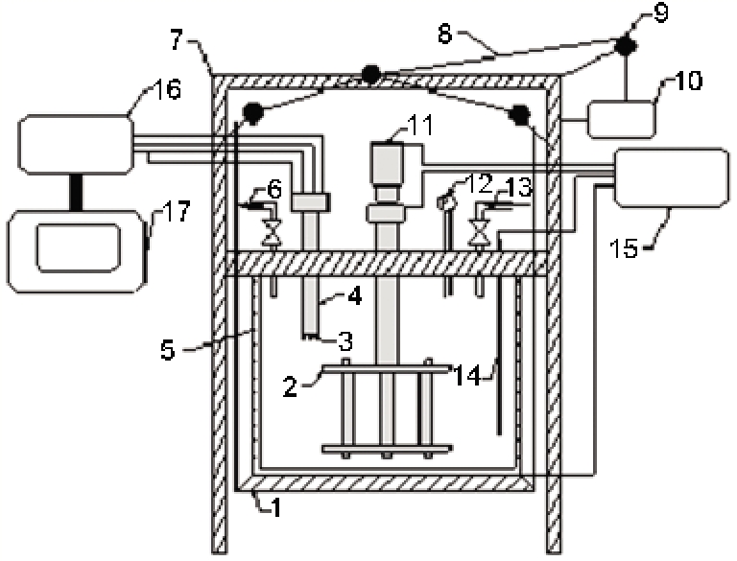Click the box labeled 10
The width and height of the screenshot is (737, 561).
point(621,120)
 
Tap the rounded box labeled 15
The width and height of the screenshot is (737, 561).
point(669,177)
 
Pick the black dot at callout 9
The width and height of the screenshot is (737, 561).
point(626,44)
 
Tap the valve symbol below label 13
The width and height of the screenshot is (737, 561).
point(479,230)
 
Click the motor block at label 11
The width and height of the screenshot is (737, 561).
point(389,167)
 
